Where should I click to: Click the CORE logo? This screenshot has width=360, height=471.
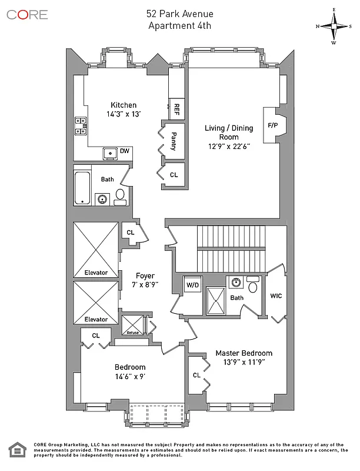pos(27,15)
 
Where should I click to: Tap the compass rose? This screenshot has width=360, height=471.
pos(334,26)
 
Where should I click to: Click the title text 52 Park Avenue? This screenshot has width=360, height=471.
pos(179,14)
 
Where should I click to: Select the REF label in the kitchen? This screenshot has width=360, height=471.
pos(176,109)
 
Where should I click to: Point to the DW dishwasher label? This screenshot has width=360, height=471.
pos(125,151)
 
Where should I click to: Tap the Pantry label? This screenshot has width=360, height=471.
pos(174,141)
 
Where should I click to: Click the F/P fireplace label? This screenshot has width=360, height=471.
pos(273,125)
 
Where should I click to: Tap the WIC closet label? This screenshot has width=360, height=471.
pos(276,296)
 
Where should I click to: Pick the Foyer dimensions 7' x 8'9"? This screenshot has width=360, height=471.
pos(145,284)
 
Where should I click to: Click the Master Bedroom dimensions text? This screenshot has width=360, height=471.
pos(244,363)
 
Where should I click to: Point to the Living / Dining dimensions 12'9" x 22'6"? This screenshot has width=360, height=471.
pos(228,146)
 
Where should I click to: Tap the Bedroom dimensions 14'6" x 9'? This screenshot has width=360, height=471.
pos(130,377)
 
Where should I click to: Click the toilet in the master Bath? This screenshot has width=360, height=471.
pos(253,287)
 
